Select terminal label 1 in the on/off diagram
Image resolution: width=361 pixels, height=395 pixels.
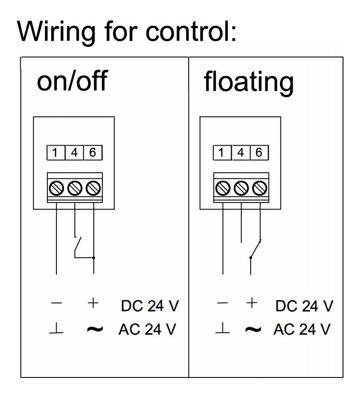click(x=55, y=153)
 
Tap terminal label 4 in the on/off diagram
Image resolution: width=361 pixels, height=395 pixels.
click(x=74, y=153)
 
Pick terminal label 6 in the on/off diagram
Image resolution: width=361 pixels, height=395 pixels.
click(x=93, y=153)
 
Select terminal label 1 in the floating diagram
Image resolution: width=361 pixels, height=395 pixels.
click(x=222, y=153)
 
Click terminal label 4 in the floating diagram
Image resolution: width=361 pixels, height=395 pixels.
click(x=241, y=153)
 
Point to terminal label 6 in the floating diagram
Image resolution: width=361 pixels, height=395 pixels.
click(x=259, y=153)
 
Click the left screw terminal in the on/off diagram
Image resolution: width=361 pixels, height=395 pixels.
click(x=56, y=188)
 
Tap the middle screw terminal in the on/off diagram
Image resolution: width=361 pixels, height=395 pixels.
click(x=75, y=188)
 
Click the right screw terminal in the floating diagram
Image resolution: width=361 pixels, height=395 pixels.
click(x=260, y=188)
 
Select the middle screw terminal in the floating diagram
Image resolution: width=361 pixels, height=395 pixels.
click(x=241, y=188)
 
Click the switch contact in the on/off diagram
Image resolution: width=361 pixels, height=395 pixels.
click(x=78, y=246)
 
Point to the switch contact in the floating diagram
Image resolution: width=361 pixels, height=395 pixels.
click(x=255, y=248)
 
